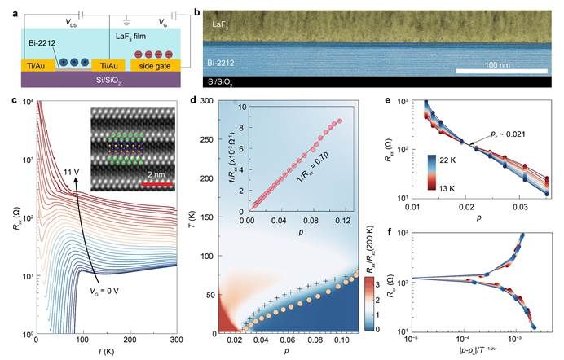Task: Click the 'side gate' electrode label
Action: click(x=153, y=64)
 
